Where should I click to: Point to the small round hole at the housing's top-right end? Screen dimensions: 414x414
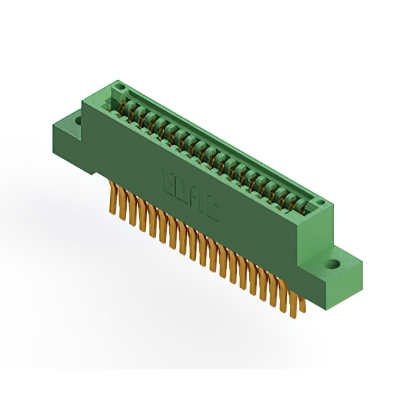coord(320,205)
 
